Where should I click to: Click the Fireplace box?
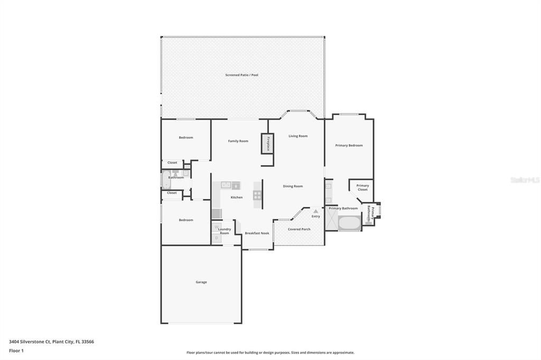267,144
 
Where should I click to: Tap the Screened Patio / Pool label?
241,75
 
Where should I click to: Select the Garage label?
201,282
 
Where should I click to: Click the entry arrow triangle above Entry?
316,211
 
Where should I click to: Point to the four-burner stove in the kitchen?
257,195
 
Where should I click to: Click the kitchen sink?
226,185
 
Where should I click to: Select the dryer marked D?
216,238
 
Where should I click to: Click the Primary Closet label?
362,187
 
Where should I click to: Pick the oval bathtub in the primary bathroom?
350,223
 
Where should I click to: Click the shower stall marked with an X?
332,219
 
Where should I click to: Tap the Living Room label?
298,136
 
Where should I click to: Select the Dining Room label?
293,186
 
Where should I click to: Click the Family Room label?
238,141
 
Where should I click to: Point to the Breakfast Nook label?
257,233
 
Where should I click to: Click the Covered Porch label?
299,229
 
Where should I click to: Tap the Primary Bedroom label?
349,146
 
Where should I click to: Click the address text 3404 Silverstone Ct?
30,342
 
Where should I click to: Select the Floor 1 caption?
16,350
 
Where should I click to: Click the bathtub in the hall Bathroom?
166,179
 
